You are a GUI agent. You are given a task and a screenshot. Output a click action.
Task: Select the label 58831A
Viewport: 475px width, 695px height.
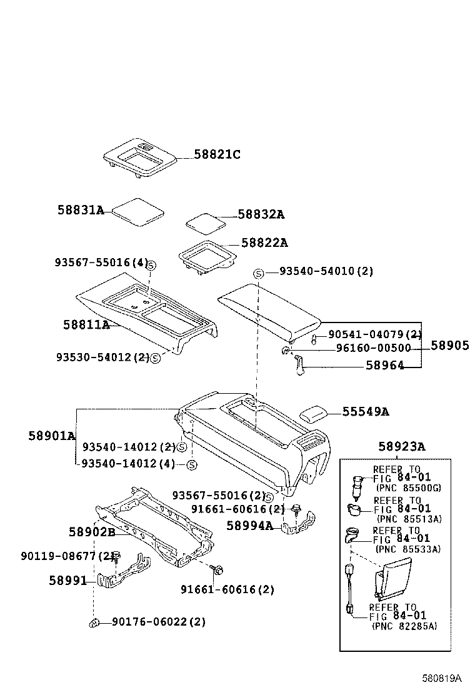pyautogui.click(x=81, y=210)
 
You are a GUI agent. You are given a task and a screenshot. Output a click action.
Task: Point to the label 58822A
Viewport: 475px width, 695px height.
pyautogui.click(x=264, y=242)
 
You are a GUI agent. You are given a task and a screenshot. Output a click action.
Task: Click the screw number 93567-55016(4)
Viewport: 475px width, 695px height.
pyautogui.click(x=102, y=262)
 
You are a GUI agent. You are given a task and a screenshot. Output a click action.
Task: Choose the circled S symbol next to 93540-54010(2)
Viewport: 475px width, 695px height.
pyautogui.click(x=259, y=272)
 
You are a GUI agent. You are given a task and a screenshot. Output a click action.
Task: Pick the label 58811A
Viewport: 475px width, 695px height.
pyautogui.click(x=86, y=324)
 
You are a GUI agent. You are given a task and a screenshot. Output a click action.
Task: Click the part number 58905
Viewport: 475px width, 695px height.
pyautogui.click(x=450, y=346)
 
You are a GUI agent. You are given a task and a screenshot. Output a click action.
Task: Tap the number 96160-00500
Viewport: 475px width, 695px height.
pyautogui.click(x=373, y=348)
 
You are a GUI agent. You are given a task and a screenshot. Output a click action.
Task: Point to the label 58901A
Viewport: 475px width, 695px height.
pyautogui.click(x=51, y=435)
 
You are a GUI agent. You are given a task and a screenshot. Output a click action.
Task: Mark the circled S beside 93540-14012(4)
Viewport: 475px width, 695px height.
pyautogui.click(x=192, y=464)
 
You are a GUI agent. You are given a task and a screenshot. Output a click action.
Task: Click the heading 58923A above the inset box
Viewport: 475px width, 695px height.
pyautogui.click(x=402, y=446)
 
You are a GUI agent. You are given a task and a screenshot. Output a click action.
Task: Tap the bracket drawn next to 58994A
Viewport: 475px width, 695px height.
pyautogui.click(x=299, y=524)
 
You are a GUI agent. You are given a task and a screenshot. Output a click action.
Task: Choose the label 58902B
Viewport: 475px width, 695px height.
pyautogui.click(x=92, y=532)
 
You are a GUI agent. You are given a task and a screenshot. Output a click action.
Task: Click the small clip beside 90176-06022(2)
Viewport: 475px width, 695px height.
pyautogui.click(x=94, y=622)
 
